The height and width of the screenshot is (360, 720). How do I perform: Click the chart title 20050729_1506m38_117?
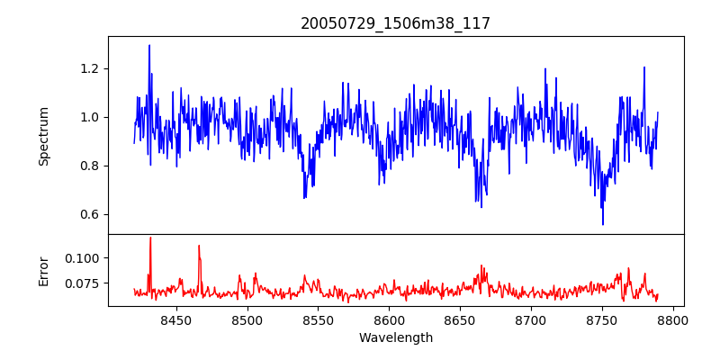click(395, 23)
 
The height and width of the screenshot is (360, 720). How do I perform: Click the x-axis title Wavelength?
click(395, 338)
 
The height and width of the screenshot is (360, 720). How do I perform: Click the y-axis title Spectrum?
click(43, 136)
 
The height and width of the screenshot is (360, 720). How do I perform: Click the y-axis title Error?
click(43, 270)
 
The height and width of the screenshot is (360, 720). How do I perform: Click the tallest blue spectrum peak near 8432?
click(149, 46)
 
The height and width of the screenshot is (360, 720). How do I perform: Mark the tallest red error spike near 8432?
click(150, 238)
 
